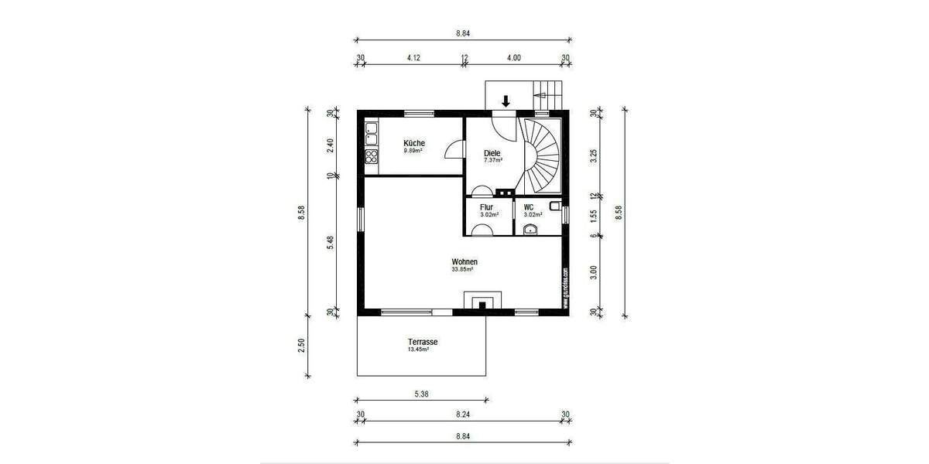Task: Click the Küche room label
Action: tap(413, 143)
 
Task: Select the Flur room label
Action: tap(487, 207)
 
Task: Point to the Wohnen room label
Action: tap(464, 262)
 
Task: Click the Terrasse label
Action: tap(423, 341)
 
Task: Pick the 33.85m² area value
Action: tap(462, 271)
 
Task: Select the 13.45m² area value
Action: tap(418, 350)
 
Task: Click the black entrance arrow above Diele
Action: tap(506, 101)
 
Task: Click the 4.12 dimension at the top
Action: tap(413, 57)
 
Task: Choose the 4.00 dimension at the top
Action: tap(514, 57)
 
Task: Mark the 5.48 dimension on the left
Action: tap(330, 242)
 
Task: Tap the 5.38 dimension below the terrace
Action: tap(422, 394)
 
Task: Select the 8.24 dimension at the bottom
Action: tap(463, 415)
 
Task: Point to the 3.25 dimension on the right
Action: tap(594, 154)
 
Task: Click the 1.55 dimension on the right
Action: tap(594, 215)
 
